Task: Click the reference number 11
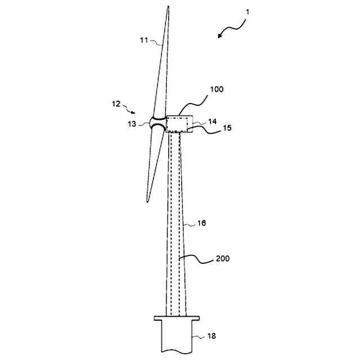point(144,40)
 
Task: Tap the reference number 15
point(212,128)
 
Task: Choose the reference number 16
point(201,223)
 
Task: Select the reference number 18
point(210,336)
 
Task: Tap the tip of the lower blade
point(147,201)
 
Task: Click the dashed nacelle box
point(178,124)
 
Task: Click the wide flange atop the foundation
point(177,319)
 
